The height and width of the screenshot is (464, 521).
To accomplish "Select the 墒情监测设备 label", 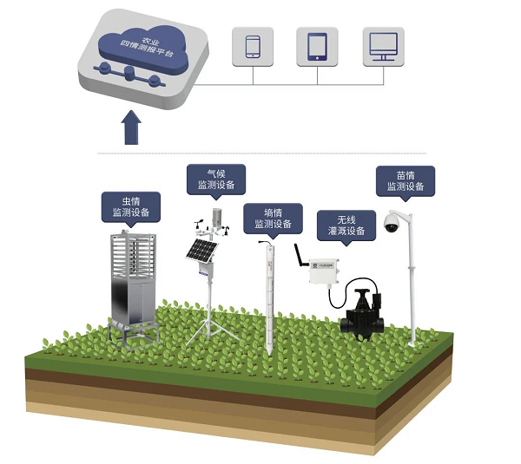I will tap(273, 218).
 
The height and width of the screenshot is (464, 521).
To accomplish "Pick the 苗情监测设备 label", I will tap(405, 180).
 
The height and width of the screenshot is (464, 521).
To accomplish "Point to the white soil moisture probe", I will tap(268, 295).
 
